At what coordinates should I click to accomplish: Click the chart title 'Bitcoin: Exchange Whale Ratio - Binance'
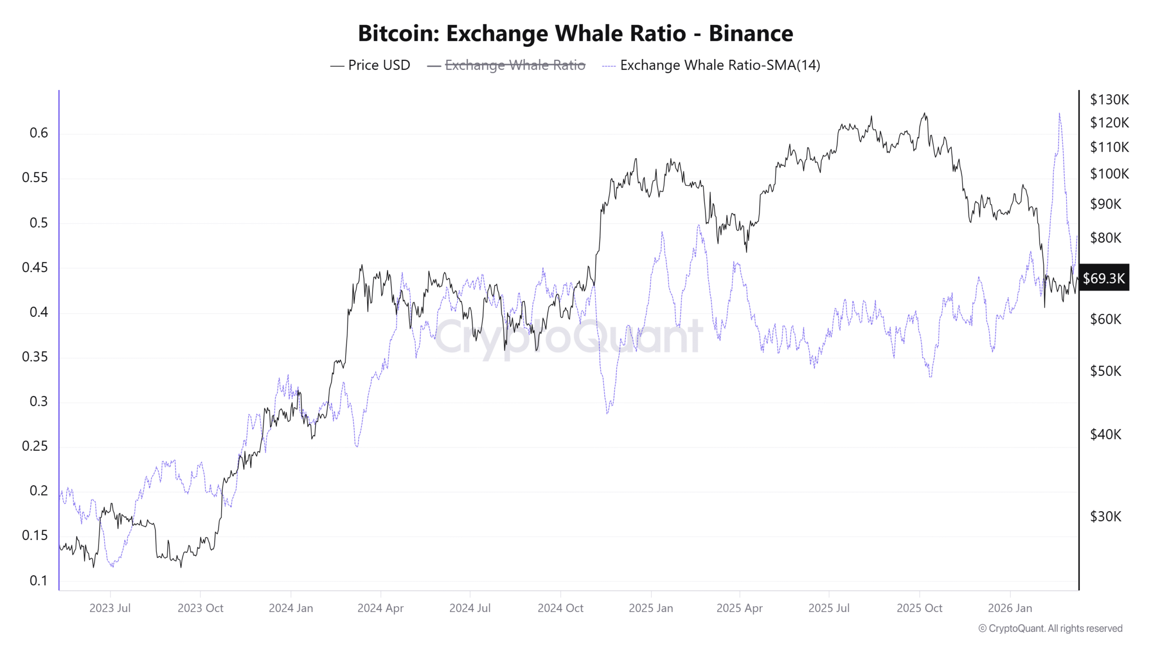click(575, 33)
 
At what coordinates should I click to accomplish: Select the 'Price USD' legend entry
click(379, 65)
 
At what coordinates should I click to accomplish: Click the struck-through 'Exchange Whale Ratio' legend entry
click(514, 65)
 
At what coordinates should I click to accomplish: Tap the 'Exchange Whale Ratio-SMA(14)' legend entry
click(719, 65)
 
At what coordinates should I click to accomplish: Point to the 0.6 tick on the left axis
click(39, 133)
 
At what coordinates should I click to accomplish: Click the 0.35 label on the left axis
click(35, 357)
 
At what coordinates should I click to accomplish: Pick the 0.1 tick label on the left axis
click(39, 580)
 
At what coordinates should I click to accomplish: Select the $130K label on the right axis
click(1109, 99)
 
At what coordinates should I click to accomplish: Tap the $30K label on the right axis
click(1105, 516)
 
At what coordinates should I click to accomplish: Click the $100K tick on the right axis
click(1109, 174)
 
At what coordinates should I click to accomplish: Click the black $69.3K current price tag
click(1103, 278)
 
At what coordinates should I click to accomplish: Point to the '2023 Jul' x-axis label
click(110, 608)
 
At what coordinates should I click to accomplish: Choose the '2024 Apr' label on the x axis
click(380, 608)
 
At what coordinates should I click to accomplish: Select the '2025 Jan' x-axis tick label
click(651, 608)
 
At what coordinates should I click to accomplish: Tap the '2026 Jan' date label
click(1009, 608)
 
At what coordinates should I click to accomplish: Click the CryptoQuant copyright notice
click(1050, 628)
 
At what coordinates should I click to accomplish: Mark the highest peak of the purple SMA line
click(1059, 114)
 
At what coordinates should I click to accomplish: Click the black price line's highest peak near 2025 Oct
click(924, 113)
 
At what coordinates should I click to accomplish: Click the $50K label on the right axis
click(1105, 371)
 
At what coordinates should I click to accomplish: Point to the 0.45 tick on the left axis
click(35, 267)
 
